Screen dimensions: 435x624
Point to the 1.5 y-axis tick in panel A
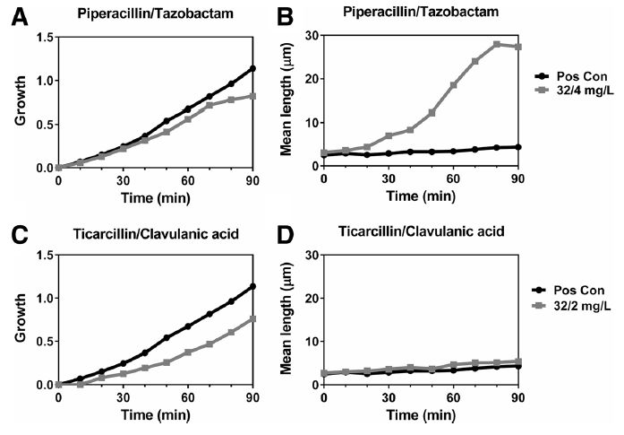click(x=40, y=37)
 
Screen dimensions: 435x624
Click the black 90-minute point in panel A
click(x=252, y=68)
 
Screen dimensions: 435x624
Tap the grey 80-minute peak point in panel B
click(x=497, y=44)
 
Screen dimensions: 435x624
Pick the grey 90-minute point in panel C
click(x=252, y=318)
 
